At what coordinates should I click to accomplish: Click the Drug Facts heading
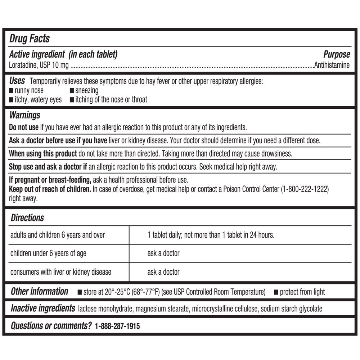30,39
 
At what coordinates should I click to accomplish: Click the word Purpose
336,54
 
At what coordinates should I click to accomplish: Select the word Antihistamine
332,65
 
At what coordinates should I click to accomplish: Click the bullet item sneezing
86,90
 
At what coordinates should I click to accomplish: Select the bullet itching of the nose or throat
111,99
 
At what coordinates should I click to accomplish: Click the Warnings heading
24,115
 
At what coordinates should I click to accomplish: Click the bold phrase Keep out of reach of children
50,189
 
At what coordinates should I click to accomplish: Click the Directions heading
27,218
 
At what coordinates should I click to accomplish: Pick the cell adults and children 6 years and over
58,235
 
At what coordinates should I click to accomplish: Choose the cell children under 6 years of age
48,253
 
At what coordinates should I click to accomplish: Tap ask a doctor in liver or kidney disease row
163,272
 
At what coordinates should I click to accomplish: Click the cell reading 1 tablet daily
211,235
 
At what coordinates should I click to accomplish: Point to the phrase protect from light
302,292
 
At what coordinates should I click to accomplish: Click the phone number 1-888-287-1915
117,326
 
